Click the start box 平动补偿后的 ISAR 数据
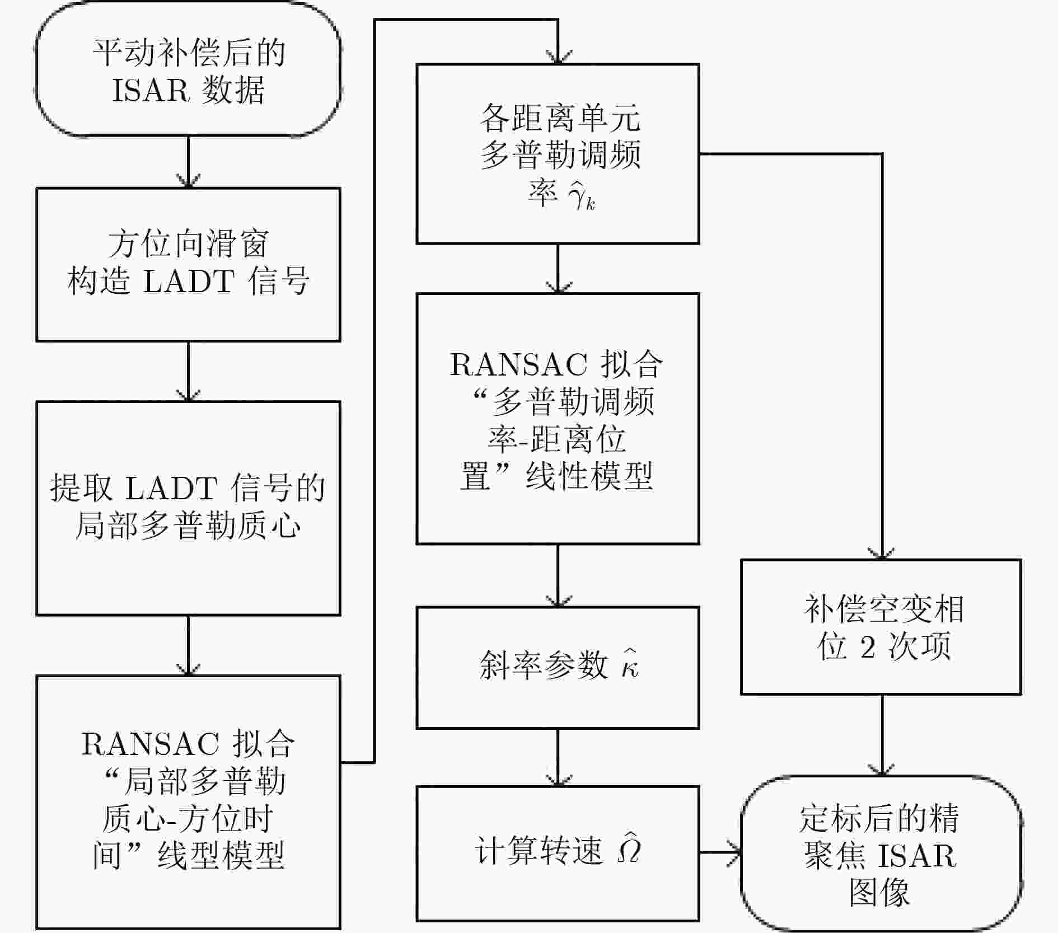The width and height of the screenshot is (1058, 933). coord(188,70)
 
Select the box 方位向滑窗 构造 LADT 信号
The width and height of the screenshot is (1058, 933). coord(188,264)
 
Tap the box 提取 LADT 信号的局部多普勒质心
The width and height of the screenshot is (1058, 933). coord(188,508)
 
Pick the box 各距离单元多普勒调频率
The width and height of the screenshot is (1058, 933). coord(558,154)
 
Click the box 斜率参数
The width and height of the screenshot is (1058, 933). coord(558,667)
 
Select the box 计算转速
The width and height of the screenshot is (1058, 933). coord(558,852)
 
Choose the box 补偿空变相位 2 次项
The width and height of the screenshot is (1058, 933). coord(881,627)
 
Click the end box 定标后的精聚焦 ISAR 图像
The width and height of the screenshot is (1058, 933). coord(881,854)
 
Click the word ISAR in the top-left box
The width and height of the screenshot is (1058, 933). coord(151,90)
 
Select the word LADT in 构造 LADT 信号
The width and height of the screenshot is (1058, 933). coord(189,281)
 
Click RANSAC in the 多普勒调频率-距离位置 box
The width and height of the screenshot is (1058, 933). coord(518,365)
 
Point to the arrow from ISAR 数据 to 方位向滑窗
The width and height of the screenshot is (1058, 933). coord(188,162)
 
